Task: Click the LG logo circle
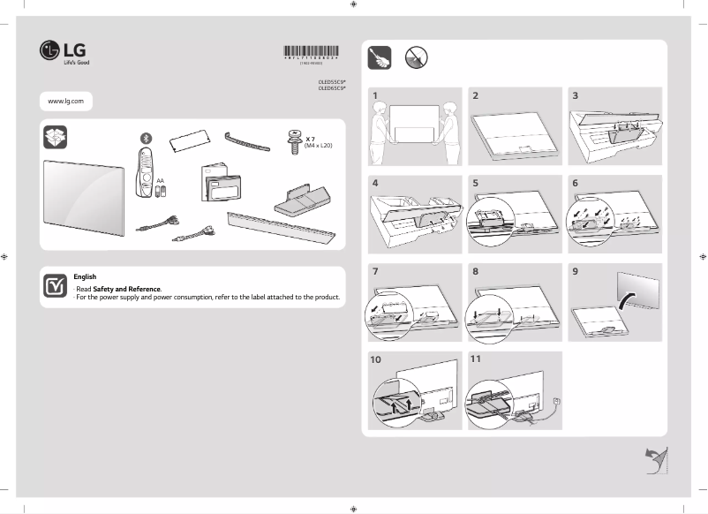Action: point(49,50)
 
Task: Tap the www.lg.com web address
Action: point(65,102)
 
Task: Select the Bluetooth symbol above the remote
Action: point(147,137)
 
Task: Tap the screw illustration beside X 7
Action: point(292,140)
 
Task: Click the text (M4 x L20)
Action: point(320,146)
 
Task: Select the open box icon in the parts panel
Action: point(55,138)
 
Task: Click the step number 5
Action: point(476,183)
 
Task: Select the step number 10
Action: point(377,359)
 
